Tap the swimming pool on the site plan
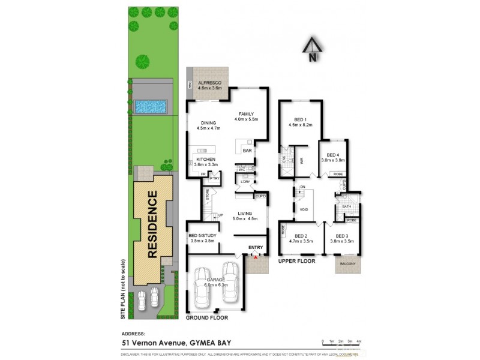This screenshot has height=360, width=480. (x=151, y=107)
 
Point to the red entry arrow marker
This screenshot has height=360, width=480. (x=256, y=256)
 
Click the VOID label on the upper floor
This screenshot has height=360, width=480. (x=304, y=209)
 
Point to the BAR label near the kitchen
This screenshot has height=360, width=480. (x=247, y=151)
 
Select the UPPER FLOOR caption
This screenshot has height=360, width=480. (x=297, y=262)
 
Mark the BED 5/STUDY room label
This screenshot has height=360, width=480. (x=202, y=236)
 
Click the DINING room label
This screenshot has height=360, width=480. (x=209, y=122)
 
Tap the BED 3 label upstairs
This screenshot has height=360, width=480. (x=342, y=236)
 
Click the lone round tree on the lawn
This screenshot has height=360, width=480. (x=143, y=61)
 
